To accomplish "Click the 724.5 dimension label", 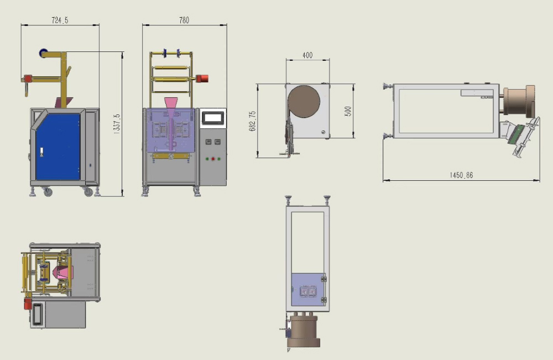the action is click(60, 20).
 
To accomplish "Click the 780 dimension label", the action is click(184, 20).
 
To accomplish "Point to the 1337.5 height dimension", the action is click(117, 123).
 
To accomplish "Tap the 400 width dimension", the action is click(307, 55).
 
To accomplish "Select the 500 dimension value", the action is click(348, 111).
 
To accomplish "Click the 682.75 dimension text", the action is click(253, 121).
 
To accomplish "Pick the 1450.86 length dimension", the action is click(461, 175).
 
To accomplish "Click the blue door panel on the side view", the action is click(58, 147).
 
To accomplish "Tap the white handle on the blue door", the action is click(41, 152).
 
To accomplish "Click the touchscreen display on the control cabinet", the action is click(213, 118).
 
